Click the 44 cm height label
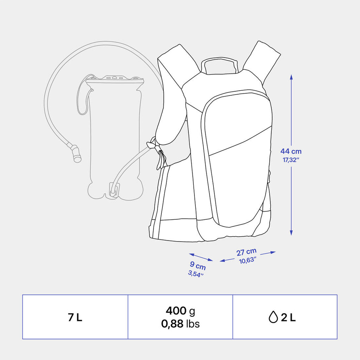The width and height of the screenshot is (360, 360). click(x=291, y=151)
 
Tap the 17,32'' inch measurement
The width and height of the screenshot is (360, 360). click(x=291, y=160)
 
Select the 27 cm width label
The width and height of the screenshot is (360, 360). click(x=246, y=252)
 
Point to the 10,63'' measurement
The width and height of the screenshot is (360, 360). click(x=247, y=261)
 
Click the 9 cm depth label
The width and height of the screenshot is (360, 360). click(x=198, y=265)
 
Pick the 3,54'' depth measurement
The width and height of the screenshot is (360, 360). click(x=196, y=274)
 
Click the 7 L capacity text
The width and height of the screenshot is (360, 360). click(x=75, y=317)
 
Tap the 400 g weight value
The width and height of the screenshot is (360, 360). click(x=180, y=311)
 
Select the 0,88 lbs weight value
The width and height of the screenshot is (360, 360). click(x=180, y=324)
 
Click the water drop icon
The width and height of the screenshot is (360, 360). click(x=273, y=317)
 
